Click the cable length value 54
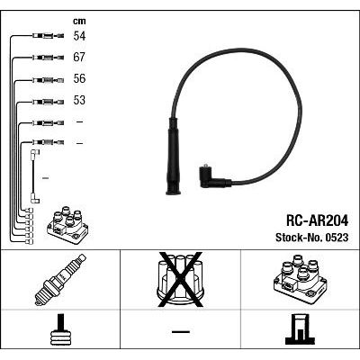tap(79, 36)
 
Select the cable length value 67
tap(79, 58)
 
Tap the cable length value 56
tap(79, 78)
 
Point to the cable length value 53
tap(79, 100)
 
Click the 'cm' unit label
tap(79, 21)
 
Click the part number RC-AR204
tap(318, 221)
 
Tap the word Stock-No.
tap(299, 238)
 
